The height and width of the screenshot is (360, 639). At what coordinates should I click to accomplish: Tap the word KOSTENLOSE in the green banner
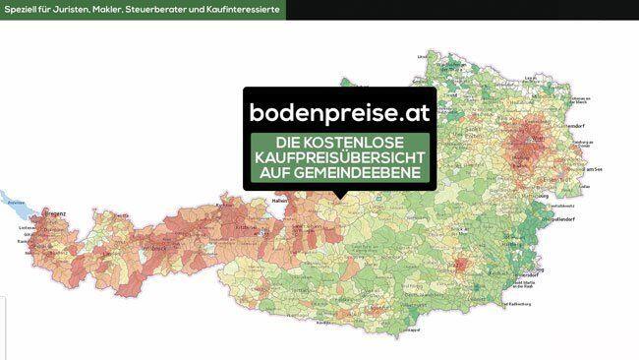[x=361, y=143]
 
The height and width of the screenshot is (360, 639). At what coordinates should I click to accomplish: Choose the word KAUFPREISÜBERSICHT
[x=340, y=158]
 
